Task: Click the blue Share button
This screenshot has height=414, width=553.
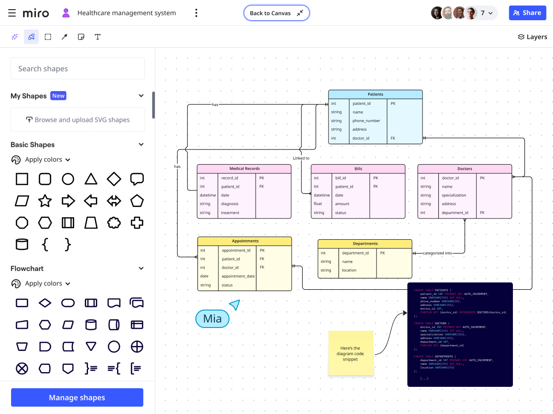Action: (x=527, y=13)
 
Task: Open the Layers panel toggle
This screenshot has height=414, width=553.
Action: (x=532, y=37)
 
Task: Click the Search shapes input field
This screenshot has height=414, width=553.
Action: (x=77, y=69)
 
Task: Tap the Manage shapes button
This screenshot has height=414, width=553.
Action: (x=77, y=397)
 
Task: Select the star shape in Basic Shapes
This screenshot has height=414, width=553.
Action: (x=45, y=201)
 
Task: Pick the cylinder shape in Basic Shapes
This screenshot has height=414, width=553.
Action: (x=22, y=244)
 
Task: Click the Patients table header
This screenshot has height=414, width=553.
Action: (x=375, y=94)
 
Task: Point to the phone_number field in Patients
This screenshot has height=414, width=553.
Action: (x=366, y=121)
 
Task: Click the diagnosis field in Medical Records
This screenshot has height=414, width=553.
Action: (x=229, y=204)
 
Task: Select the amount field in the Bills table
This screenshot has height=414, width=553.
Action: (x=342, y=204)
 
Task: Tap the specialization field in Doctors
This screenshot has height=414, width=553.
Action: (x=454, y=195)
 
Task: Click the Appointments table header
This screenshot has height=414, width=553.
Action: (x=245, y=241)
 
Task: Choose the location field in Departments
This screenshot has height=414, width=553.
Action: (x=349, y=270)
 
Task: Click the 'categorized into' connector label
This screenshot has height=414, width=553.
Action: (x=437, y=253)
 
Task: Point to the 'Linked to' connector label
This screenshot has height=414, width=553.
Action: (x=301, y=158)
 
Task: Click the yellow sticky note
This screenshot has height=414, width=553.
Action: (x=351, y=353)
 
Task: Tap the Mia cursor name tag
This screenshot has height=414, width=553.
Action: (x=212, y=318)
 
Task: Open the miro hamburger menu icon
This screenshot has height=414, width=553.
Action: (x=12, y=13)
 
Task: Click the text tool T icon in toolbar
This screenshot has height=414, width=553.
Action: (x=98, y=37)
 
